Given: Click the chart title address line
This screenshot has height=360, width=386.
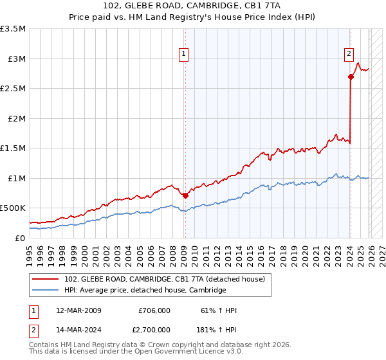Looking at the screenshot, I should pyautogui.click(x=193, y=6).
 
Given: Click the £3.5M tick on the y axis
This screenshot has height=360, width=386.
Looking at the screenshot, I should pyautogui.click(x=14, y=29).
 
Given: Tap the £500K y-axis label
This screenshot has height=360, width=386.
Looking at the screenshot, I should pyautogui.click(x=14, y=208).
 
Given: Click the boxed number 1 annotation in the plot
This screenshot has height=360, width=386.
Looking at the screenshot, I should pyautogui.click(x=184, y=55).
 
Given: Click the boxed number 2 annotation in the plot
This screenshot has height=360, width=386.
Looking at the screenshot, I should pyautogui.click(x=349, y=55).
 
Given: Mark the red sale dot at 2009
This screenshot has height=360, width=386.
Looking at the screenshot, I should pyautogui.click(x=185, y=195).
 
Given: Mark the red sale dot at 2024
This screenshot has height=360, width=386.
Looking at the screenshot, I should pyautogui.click(x=351, y=76).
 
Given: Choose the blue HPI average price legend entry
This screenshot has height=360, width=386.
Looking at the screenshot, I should pyautogui.click(x=145, y=290).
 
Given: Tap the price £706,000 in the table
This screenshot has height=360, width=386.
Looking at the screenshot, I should pyautogui.click(x=154, y=310).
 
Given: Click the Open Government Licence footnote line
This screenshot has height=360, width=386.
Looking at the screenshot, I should pyautogui.click(x=136, y=352).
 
